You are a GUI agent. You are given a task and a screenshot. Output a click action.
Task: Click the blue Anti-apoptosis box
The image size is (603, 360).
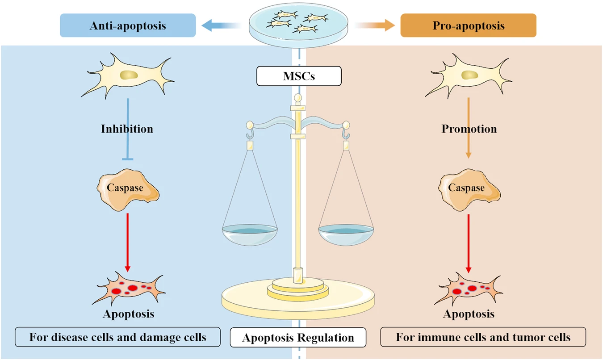(x=128, y=25)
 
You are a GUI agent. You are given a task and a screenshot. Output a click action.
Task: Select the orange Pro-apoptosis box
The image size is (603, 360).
(x=468, y=25)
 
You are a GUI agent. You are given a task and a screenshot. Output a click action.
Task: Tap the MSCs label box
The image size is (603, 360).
(x=299, y=76)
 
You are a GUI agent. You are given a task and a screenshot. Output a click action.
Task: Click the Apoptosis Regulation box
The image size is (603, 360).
(x=298, y=337)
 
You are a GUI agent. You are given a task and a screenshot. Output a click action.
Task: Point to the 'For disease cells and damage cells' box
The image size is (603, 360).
(x=118, y=337)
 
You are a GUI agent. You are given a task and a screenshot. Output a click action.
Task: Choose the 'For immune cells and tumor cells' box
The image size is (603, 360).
(x=483, y=337)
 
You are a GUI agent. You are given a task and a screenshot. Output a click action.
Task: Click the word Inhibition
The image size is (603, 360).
(x=127, y=129)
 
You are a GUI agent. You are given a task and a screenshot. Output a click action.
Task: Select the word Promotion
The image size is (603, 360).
(x=469, y=129)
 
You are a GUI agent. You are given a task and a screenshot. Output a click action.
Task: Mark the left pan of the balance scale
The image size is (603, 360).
(x=250, y=234)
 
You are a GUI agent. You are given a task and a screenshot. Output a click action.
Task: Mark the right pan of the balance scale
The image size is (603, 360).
(x=346, y=234)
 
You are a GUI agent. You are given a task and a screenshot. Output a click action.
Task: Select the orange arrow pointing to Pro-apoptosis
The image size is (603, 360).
(x=375, y=26)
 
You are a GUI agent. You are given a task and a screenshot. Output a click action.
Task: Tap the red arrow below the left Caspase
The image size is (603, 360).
(x=128, y=241)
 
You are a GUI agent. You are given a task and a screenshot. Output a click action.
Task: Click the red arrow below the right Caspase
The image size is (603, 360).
(x=469, y=241)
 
